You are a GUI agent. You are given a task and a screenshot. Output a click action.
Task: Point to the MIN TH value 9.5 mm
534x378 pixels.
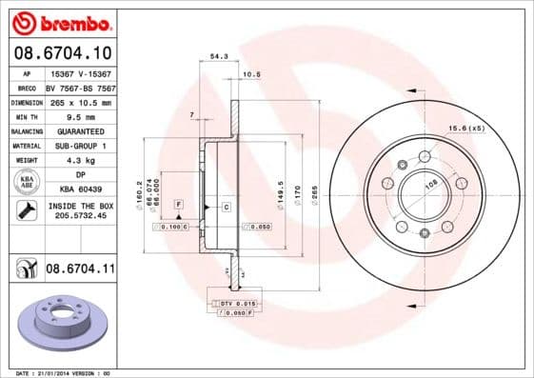point(80,116)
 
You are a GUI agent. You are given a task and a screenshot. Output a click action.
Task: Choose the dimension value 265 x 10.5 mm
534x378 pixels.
point(80,101)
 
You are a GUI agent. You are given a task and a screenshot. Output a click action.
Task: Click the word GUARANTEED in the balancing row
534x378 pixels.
point(80,130)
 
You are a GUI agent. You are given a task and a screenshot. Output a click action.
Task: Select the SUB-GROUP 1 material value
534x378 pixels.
point(80,146)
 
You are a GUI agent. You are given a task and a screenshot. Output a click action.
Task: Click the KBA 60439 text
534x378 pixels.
point(80,189)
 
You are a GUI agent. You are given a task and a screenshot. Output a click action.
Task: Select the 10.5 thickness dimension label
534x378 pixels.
point(251,73)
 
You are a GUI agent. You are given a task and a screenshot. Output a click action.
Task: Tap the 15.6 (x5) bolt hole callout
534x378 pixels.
point(466,128)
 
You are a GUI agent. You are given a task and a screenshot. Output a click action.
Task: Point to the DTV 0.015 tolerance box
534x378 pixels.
point(239,303)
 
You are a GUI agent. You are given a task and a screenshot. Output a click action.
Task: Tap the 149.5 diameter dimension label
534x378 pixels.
point(280,191)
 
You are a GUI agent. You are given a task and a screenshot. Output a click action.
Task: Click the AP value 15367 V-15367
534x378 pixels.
point(80,72)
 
